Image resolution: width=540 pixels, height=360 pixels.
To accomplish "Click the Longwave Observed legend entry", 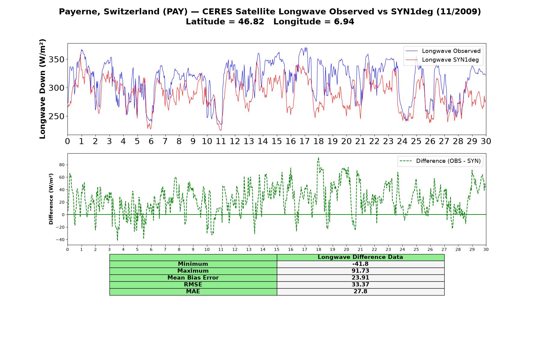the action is point(443,51).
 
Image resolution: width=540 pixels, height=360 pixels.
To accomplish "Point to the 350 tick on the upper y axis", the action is point(56,59).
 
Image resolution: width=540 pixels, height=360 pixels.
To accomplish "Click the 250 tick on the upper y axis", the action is point(56,116).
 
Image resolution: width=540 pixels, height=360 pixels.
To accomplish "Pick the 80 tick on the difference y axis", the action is point(62,165).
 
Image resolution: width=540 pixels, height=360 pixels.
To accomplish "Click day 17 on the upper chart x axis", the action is point(304,141).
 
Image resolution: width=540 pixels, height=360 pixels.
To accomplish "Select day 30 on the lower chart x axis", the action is point(486,249).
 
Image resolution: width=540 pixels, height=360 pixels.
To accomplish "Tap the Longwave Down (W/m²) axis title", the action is point(43,89).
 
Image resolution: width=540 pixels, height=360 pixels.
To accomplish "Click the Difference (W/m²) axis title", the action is point(51,199).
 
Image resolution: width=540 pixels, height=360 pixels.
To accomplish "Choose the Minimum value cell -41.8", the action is point(360,264).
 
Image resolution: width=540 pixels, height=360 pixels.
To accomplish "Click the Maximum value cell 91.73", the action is point(360,271).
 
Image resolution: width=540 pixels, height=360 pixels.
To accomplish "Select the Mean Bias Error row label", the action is point(193,278).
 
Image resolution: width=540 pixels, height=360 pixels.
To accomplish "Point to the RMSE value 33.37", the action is point(360,285).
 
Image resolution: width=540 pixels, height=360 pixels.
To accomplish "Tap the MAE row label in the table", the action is point(193,292).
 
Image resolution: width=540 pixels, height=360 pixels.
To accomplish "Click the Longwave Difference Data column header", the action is point(360,257).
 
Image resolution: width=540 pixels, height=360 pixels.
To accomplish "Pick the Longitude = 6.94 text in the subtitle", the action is point(314,22).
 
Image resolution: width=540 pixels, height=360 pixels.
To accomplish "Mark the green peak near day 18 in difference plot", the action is point(319,158).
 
